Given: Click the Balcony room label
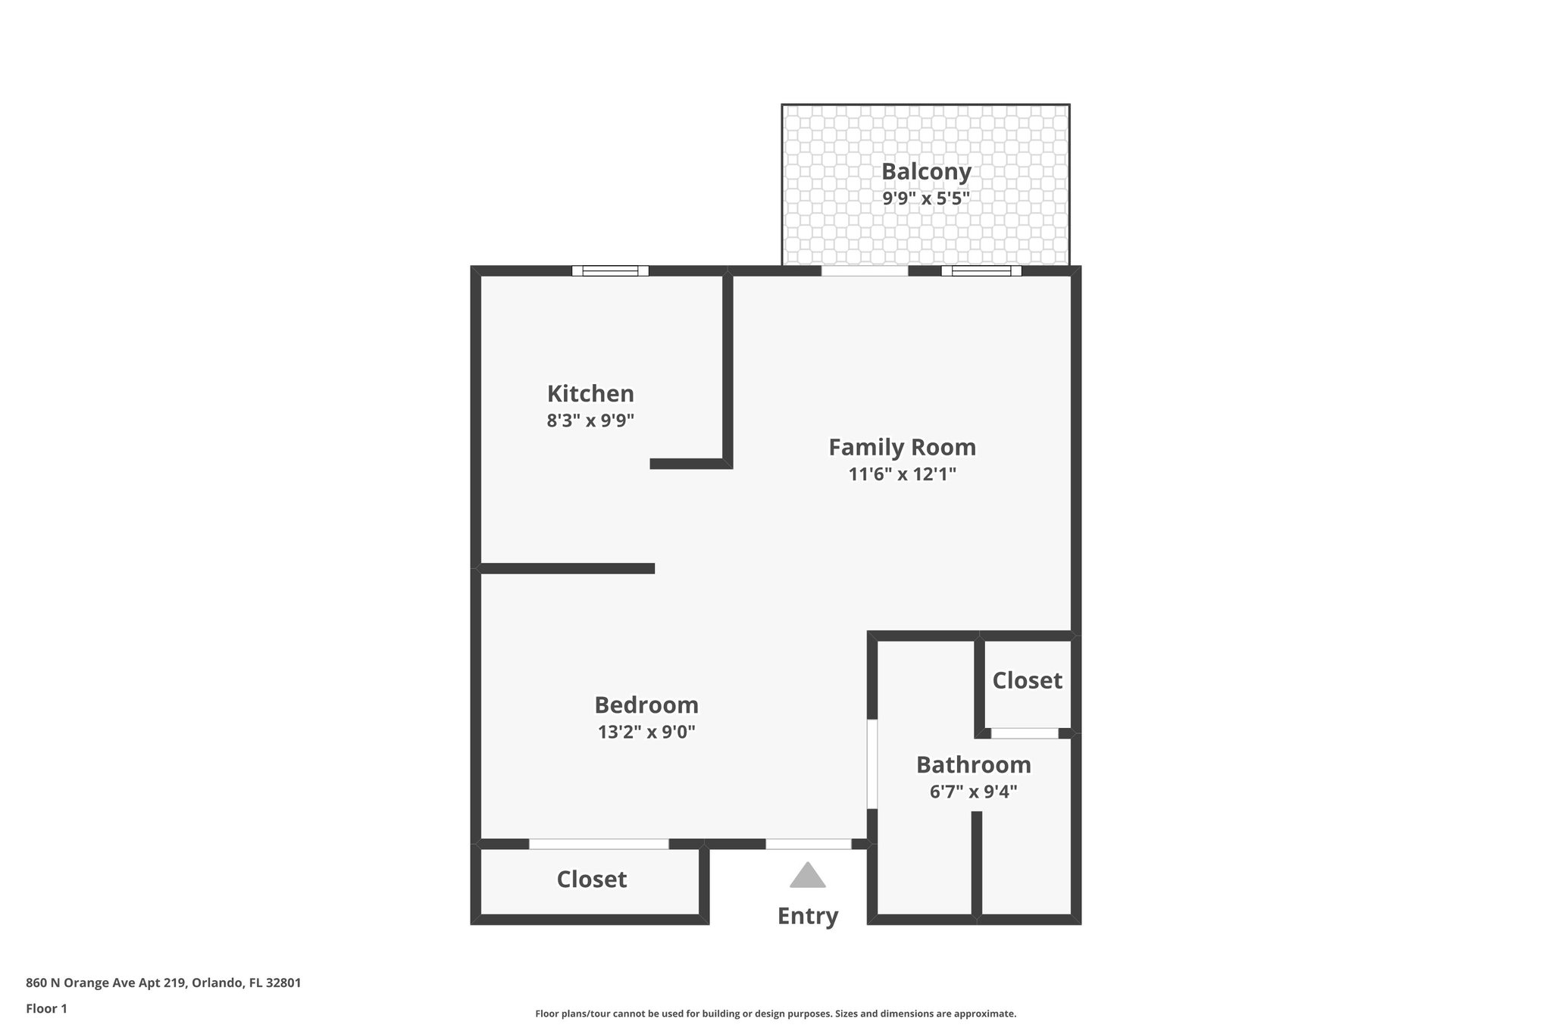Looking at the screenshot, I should pyautogui.click(x=925, y=172).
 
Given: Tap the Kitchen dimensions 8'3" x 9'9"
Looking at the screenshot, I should pyautogui.click(x=590, y=420).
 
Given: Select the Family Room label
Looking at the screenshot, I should pyautogui.click(x=902, y=447).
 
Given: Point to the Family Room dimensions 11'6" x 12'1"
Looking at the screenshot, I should pyautogui.click(x=902, y=474).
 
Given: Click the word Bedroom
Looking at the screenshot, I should pyautogui.click(x=646, y=705).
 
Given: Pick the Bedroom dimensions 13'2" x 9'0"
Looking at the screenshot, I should pyautogui.click(x=646, y=732).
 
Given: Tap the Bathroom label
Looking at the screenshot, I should pyautogui.click(x=973, y=765).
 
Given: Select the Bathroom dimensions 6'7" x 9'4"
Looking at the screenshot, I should pyautogui.click(x=973, y=792).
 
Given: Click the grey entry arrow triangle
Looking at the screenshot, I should pyautogui.click(x=808, y=876).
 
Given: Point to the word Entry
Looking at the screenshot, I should pyautogui.click(x=808, y=916).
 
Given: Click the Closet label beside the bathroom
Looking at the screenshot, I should pyautogui.click(x=1027, y=680).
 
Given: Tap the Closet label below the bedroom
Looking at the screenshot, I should pyautogui.click(x=591, y=879).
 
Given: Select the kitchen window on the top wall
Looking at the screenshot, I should pyautogui.click(x=610, y=270).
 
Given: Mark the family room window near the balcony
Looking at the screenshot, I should pyautogui.click(x=981, y=270).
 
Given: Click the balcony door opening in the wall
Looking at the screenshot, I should pyautogui.click(x=865, y=270).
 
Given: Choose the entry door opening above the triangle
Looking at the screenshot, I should pyautogui.click(x=808, y=844).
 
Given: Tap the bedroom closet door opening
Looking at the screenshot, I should pyautogui.click(x=599, y=844).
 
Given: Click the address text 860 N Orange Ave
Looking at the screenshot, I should pyautogui.click(x=163, y=983).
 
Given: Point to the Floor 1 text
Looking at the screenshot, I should pyautogui.click(x=46, y=1008).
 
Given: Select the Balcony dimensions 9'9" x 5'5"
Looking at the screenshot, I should pyautogui.click(x=925, y=198).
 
